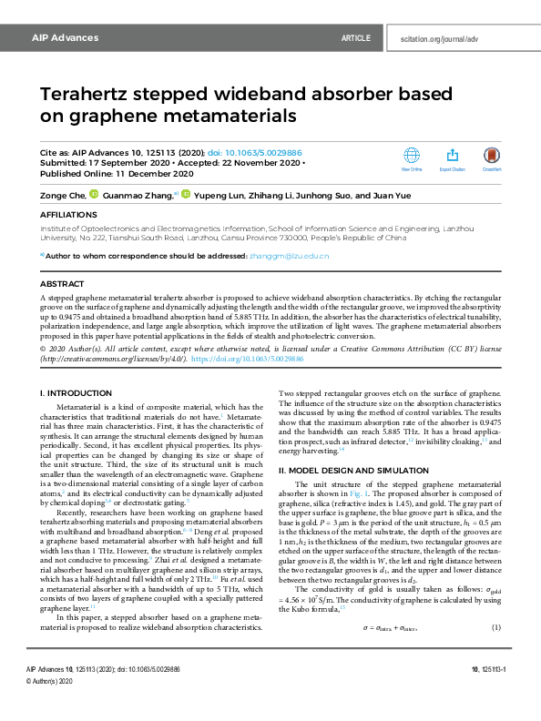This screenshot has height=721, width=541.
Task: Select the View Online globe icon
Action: [412, 157]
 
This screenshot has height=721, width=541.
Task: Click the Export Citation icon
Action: [453, 157]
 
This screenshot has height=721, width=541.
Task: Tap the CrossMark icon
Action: [493, 157]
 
